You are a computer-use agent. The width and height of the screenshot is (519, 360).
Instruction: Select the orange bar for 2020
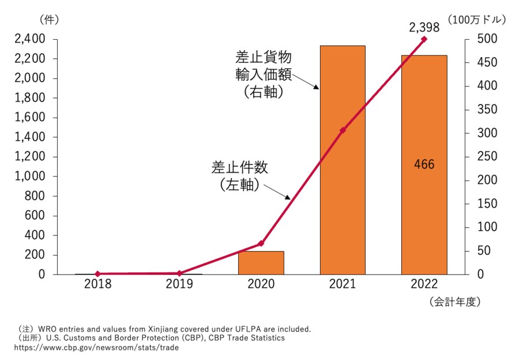[x=261, y=262]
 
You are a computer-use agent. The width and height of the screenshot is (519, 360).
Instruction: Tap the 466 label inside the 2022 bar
[x=424, y=164]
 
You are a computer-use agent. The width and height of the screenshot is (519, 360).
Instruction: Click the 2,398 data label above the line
[x=424, y=27]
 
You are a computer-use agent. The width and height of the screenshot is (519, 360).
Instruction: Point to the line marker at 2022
[x=424, y=39]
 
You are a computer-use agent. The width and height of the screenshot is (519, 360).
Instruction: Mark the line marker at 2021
[x=343, y=130]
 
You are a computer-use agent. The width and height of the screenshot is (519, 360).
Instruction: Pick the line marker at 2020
[x=261, y=243]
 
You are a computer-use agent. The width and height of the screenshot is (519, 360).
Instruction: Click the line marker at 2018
[x=97, y=274]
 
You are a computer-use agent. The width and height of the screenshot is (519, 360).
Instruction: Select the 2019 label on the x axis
[x=179, y=284]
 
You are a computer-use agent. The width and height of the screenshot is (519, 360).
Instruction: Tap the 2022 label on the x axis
[x=424, y=284]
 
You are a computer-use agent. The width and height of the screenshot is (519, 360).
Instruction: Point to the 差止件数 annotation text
[x=240, y=168]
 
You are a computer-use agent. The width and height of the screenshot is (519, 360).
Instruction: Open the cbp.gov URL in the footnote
[x=96, y=347]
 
